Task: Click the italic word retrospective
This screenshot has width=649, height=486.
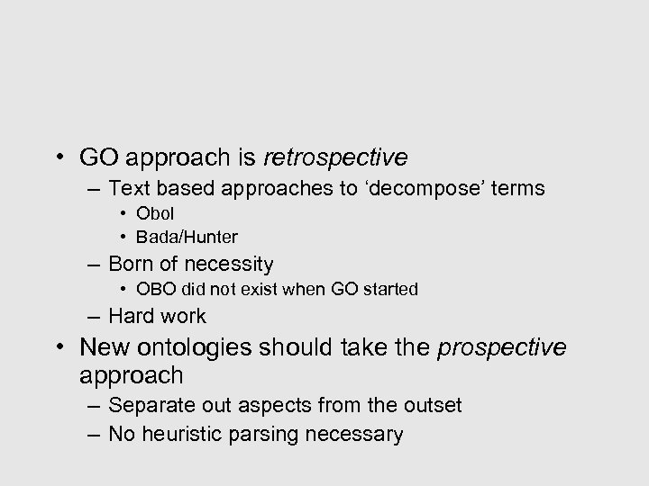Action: coord(335,158)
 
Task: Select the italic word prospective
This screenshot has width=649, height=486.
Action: coord(502,347)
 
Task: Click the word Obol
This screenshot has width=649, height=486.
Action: coord(154,214)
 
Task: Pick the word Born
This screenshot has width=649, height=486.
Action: coord(130,264)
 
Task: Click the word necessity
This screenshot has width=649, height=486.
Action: coord(231,265)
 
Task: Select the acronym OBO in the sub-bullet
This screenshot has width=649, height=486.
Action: coord(152,289)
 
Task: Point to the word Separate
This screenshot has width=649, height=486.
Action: coord(146,406)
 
